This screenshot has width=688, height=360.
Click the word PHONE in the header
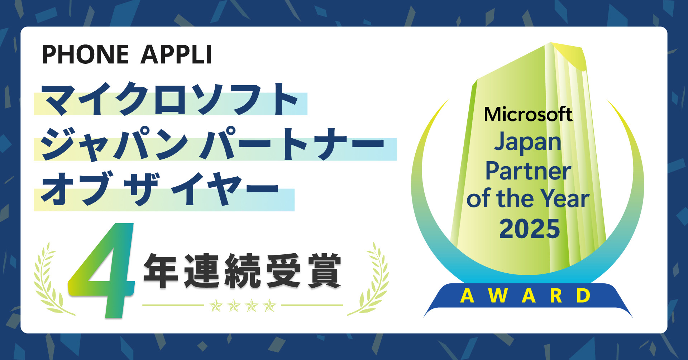coord(85,54)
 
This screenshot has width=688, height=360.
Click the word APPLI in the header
coord(176,54)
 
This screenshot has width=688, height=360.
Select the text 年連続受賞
coord(242,270)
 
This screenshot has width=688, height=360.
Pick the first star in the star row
coord(216,306)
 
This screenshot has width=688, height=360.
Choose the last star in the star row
coord(269,306)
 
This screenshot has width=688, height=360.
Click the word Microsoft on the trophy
coord(528,115)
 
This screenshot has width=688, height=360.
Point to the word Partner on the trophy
coord(528,171)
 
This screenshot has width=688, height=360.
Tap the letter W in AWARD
coord(498,296)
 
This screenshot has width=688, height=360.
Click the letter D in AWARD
coord(583,296)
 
